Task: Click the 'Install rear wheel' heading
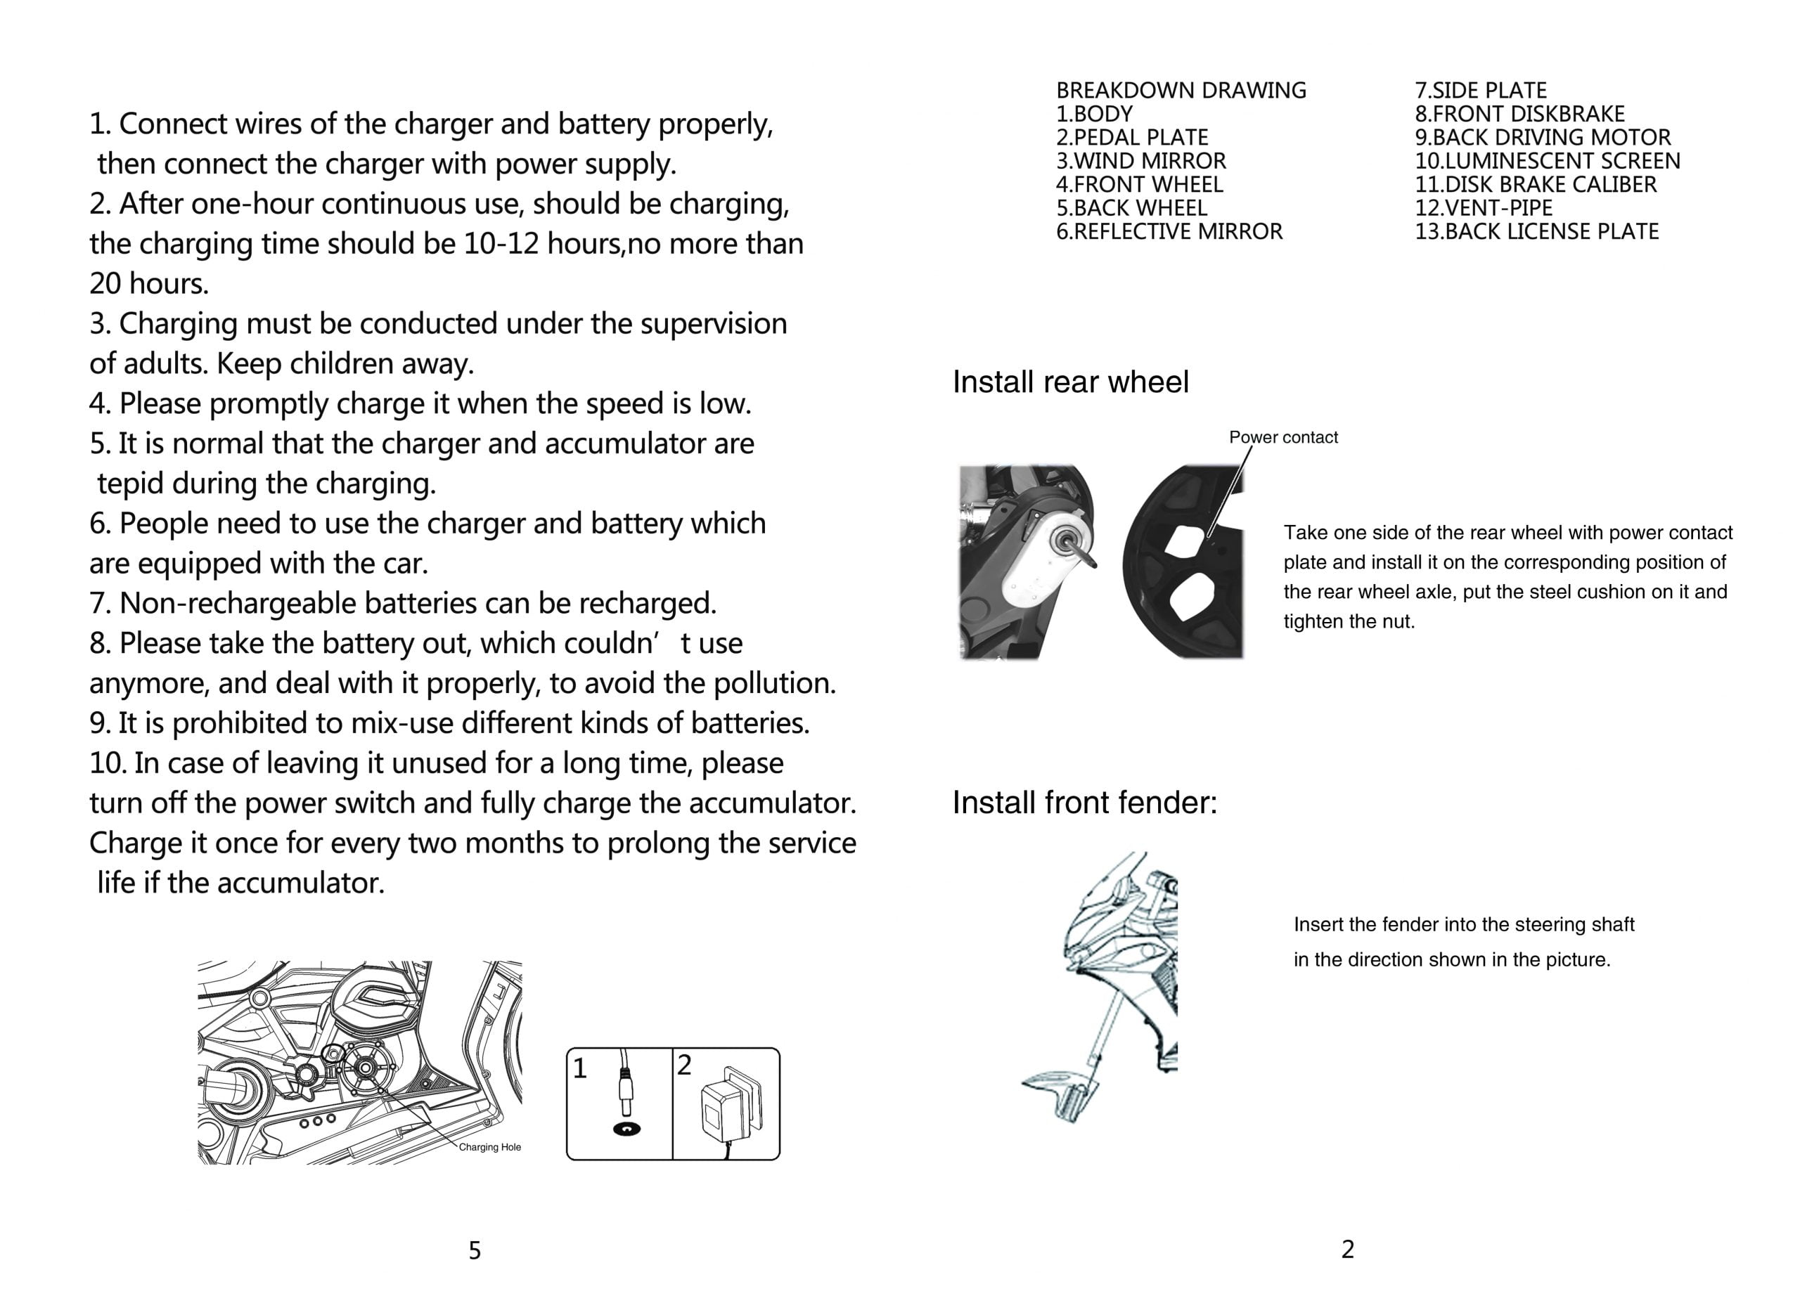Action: point(1069,383)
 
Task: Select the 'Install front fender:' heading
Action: point(1084,803)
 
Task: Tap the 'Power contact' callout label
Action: point(1282,437)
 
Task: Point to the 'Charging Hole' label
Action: point(489,1147)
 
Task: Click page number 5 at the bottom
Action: point(475,1251)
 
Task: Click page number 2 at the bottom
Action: point(1347,1250)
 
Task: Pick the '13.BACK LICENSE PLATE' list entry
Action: point(1536,232)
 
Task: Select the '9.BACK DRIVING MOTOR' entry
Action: point(1542,138)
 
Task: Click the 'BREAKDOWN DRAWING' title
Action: point(1181,91)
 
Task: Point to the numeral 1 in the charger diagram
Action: point(579,1069)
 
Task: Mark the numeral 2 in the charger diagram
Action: point(684,1065)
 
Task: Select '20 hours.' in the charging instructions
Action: point(149,284)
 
